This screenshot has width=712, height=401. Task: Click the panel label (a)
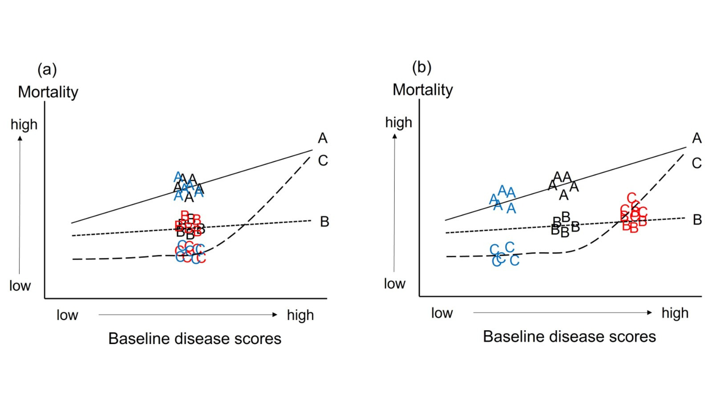[47, 70]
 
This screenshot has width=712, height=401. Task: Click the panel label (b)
[421, 68]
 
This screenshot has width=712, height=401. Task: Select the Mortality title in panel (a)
[48, 92]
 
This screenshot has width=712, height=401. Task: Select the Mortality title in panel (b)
[423, 90]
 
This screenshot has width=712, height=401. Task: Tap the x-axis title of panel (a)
[194, 339]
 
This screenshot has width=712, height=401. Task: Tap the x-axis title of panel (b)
[569, 336]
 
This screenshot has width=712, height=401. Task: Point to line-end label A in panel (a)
[323, 139]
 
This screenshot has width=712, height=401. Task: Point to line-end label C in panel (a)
[323, 160]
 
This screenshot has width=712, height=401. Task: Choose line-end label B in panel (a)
[324, 221]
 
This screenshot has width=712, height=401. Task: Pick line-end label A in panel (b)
[697, 138]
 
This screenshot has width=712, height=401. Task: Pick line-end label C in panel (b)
[697, 163]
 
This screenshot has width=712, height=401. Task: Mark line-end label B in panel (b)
[697, 220]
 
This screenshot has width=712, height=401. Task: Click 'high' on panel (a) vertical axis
[24, 125]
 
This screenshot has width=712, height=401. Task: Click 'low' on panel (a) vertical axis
[20, 286]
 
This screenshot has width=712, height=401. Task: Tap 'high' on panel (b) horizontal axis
[675, 313]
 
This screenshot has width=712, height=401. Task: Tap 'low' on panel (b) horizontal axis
[442, 313]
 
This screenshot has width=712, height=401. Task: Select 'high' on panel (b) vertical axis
[399, 123]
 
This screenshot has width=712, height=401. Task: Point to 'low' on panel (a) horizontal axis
[67, 315]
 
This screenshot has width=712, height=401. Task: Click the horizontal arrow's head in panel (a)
[275, 315]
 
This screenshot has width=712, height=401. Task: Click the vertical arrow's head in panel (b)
[394, 136]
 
